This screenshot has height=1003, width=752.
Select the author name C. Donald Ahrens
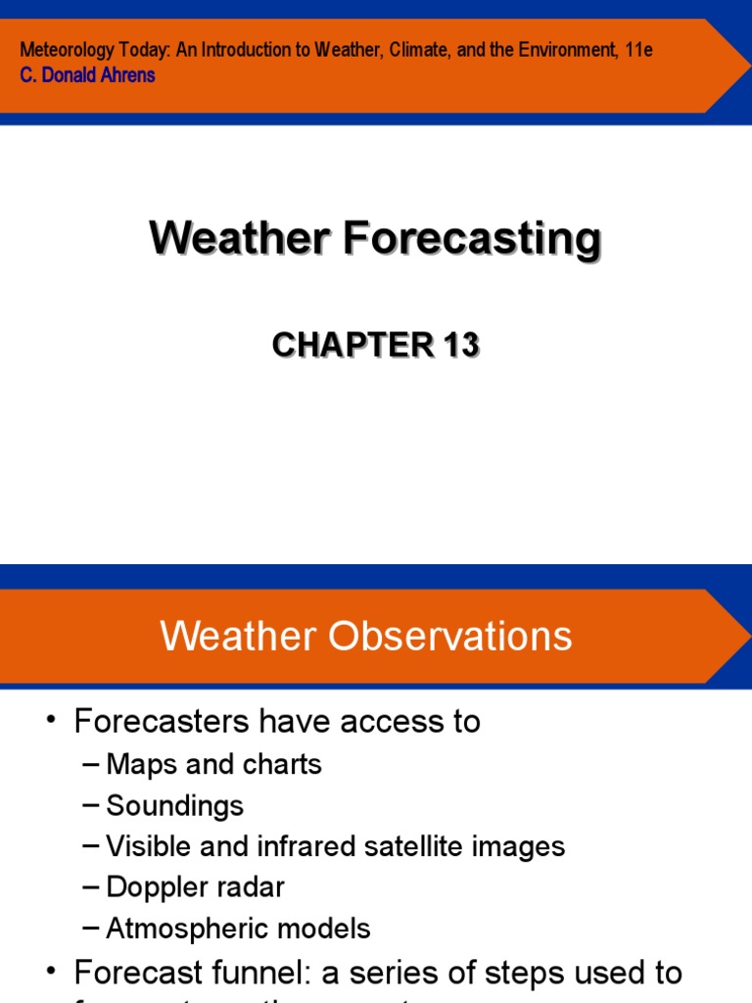[87, 75]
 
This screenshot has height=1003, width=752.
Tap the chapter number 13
[459, 345]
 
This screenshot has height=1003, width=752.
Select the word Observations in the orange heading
[450, 637]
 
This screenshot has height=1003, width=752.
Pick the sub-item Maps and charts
[213, 764]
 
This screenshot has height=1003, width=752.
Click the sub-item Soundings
[174, 805]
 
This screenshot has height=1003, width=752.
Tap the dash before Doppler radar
[91, 887]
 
